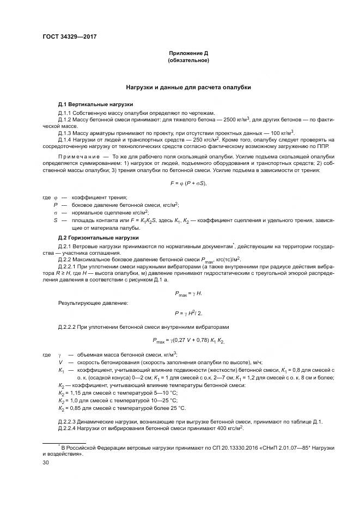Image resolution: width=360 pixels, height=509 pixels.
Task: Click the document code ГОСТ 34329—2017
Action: (65, 38)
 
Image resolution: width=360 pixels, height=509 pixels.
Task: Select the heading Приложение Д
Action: (188, 53)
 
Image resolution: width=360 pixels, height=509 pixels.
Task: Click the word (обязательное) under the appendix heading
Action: (188, 60)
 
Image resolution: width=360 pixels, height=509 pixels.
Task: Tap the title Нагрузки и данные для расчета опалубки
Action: (188, 88)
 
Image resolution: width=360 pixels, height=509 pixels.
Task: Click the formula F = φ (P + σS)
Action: (188, 183)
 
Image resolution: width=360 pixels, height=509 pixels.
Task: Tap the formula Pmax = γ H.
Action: (188, 293)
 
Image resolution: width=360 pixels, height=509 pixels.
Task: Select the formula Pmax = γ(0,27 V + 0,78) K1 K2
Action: (188, 341)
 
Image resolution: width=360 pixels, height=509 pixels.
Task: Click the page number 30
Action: (46, 463)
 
